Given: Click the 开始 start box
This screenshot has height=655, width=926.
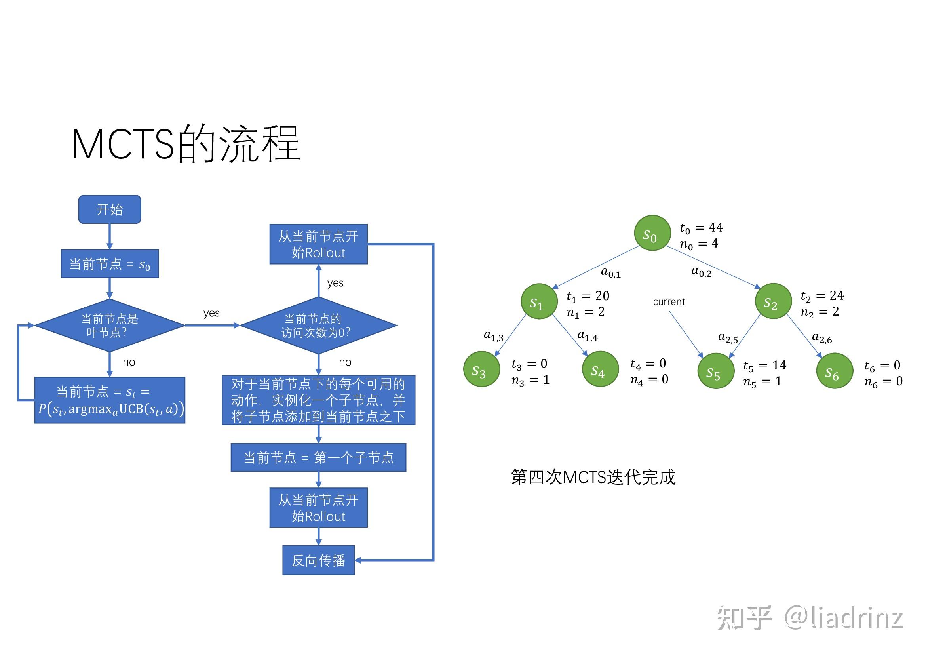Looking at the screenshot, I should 110,209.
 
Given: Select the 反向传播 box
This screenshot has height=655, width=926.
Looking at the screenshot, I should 318,560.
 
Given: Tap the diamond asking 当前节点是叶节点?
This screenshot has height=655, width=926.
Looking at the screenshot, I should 110,325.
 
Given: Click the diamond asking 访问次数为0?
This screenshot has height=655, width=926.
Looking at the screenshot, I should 318,325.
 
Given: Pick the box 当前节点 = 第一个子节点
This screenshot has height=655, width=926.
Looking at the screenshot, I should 318,457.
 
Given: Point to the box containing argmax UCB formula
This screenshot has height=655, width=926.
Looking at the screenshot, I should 110,400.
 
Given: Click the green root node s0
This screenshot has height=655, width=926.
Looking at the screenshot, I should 652,233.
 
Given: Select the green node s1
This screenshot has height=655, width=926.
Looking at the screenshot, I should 539,302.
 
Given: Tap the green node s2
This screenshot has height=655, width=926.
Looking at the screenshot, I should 773,301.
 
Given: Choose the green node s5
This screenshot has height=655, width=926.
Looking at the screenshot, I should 715,371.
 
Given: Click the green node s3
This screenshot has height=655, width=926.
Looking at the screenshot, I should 481,369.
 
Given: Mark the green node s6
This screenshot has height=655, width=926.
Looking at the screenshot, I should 834,371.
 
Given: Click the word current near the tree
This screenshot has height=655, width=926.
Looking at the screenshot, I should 669,302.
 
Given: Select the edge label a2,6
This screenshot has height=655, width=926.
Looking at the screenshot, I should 821,338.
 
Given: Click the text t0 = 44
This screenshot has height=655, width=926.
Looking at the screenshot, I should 702,228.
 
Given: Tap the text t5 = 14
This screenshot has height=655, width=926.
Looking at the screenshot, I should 765,366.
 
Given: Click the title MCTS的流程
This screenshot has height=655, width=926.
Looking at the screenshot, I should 186,144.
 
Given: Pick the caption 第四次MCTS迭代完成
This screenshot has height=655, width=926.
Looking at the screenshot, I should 593,477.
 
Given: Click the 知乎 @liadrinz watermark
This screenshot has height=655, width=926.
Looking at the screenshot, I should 810,617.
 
